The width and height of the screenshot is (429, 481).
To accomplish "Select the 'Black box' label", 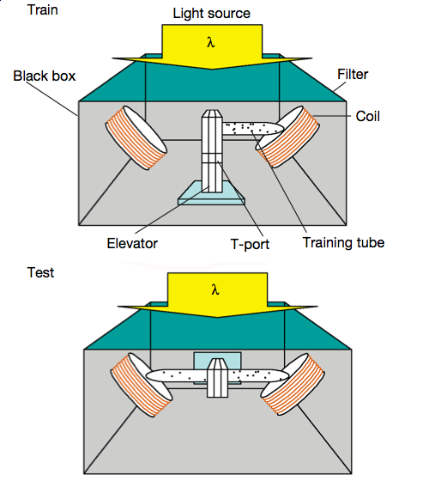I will pyautogui.click(x=45, y=76).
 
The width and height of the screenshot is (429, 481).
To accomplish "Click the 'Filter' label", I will pyautogui.click(x=352, y=75).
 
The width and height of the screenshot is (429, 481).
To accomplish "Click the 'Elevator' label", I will pyautogui.click(x=133, y=243).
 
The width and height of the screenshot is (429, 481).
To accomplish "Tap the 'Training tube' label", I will pyautogui.click(x=343, y=242).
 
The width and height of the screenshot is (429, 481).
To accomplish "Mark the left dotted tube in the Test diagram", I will pyautogui.click(x=176, y=375).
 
